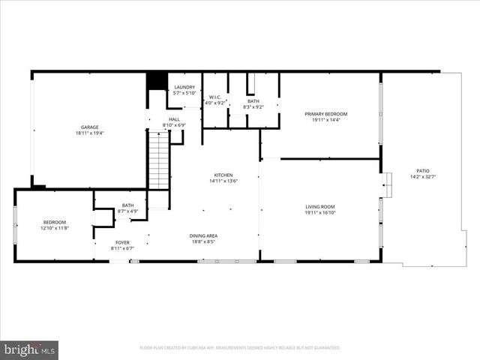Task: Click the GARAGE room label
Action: click(x=89, y=127)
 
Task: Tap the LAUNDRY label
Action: click(x=184, y=87)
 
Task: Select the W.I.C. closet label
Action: click(x=214, y=97)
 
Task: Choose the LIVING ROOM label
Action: click(x=319, y=206)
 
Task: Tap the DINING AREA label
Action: click(x=202, y=235)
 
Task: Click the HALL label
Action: click(x=174, y=118)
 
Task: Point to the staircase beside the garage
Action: click(x=158, y=160)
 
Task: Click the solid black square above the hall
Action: click(x=156, y=80)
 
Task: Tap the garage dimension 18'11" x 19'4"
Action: click(x=89, y=133)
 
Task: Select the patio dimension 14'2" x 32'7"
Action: click(x=423, y=177)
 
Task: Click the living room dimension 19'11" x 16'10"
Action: click(x=319, y=213)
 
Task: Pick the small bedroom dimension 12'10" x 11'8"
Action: click(x=54, y=228)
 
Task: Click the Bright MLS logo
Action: click(x=30, y=349)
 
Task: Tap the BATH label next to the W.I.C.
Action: click(x=253, y=101)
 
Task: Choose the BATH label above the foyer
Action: click(x=128, y=205)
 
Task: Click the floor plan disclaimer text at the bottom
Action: click(x=240, y=348)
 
